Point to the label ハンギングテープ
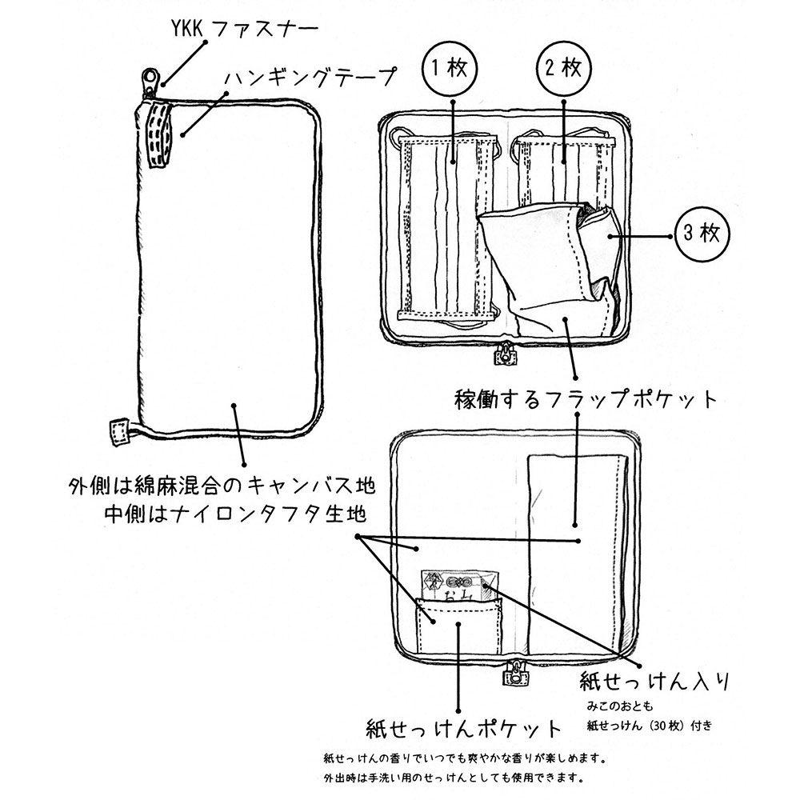click(x=310, y=78)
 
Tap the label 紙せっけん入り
click(x=654, y=682)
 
